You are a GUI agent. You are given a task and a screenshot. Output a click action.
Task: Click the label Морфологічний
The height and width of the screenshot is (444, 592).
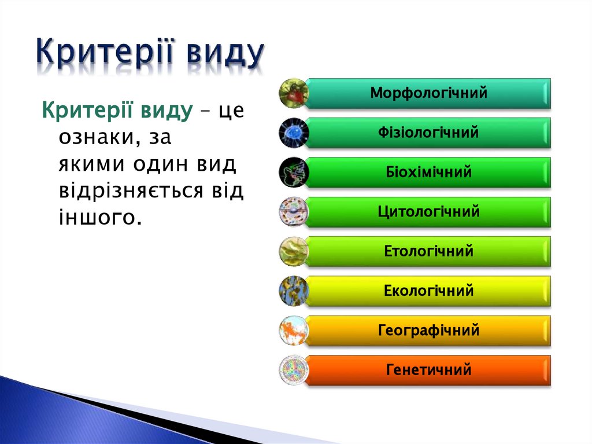pos(428,93)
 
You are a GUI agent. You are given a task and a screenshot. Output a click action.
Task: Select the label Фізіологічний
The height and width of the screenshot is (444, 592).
pos(428,133)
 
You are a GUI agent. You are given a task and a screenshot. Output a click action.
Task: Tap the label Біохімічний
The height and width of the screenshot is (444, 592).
pos(428,172)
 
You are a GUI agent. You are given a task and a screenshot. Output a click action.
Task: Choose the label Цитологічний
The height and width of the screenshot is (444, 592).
pos(428,212)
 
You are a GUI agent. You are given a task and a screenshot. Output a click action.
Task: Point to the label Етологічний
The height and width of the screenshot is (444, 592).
pos(428,251)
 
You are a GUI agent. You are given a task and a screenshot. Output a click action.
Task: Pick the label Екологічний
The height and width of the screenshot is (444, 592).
pos(428,291)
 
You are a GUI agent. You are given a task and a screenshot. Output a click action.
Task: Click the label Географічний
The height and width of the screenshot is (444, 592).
pos(428,331)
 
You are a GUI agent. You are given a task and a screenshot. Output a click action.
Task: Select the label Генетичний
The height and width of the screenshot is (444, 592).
pos(428,370)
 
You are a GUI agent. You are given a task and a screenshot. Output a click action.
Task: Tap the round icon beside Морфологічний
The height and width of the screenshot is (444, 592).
pos(294,93)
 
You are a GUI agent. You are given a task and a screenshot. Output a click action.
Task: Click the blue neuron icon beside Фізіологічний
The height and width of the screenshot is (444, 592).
pos(294,133)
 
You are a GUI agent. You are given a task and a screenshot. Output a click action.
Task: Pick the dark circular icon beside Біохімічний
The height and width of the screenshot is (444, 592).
pos(294,172)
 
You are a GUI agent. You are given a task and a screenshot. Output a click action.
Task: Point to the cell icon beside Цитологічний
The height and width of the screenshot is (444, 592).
pos(294,212)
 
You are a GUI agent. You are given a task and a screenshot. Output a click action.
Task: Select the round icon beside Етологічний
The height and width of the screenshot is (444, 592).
pos(294,251)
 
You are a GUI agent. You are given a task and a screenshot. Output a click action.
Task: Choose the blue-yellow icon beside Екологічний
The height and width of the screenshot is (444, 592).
pos(294,291)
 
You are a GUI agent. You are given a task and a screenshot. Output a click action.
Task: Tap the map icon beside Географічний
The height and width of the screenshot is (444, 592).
pos(294,331)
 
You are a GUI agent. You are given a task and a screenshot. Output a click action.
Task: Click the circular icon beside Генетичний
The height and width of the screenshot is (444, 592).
pos(294,370)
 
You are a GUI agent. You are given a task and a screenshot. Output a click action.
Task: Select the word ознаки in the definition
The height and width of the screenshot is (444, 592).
pos(97,137)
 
